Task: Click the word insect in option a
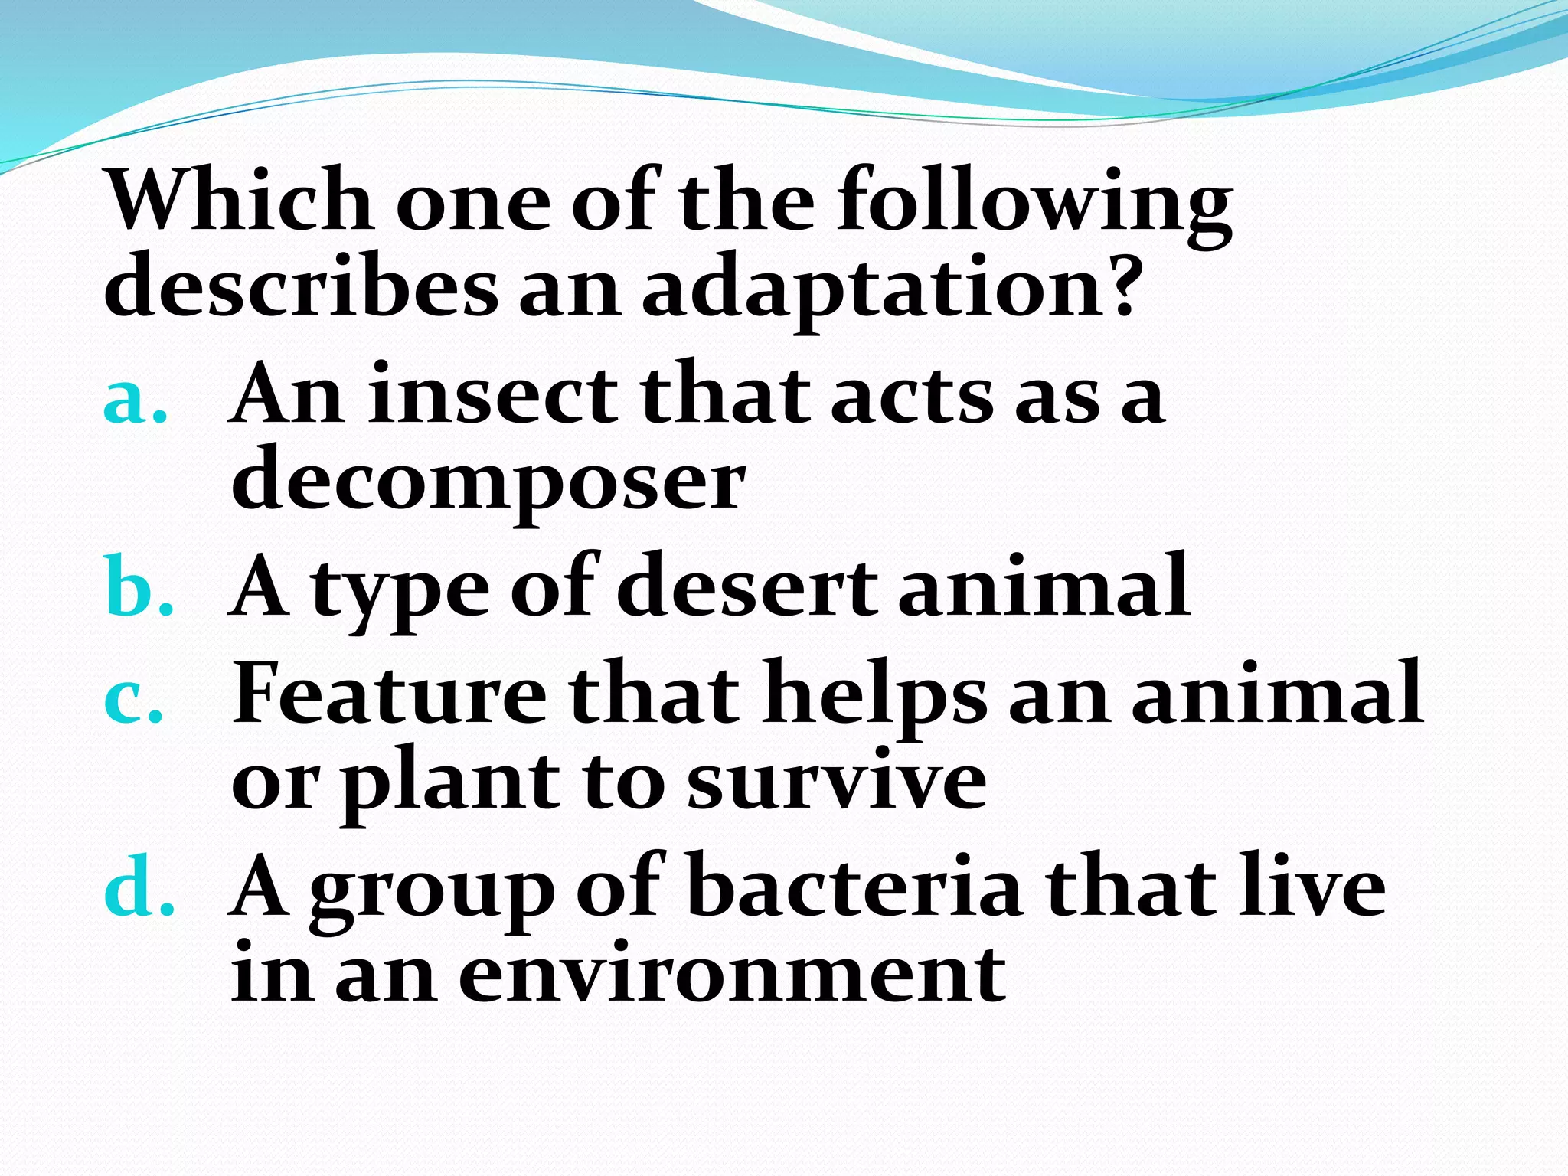(492, 395)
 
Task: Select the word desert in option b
(746, 586)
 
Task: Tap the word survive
(835, 781)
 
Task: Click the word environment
(731, 972)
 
